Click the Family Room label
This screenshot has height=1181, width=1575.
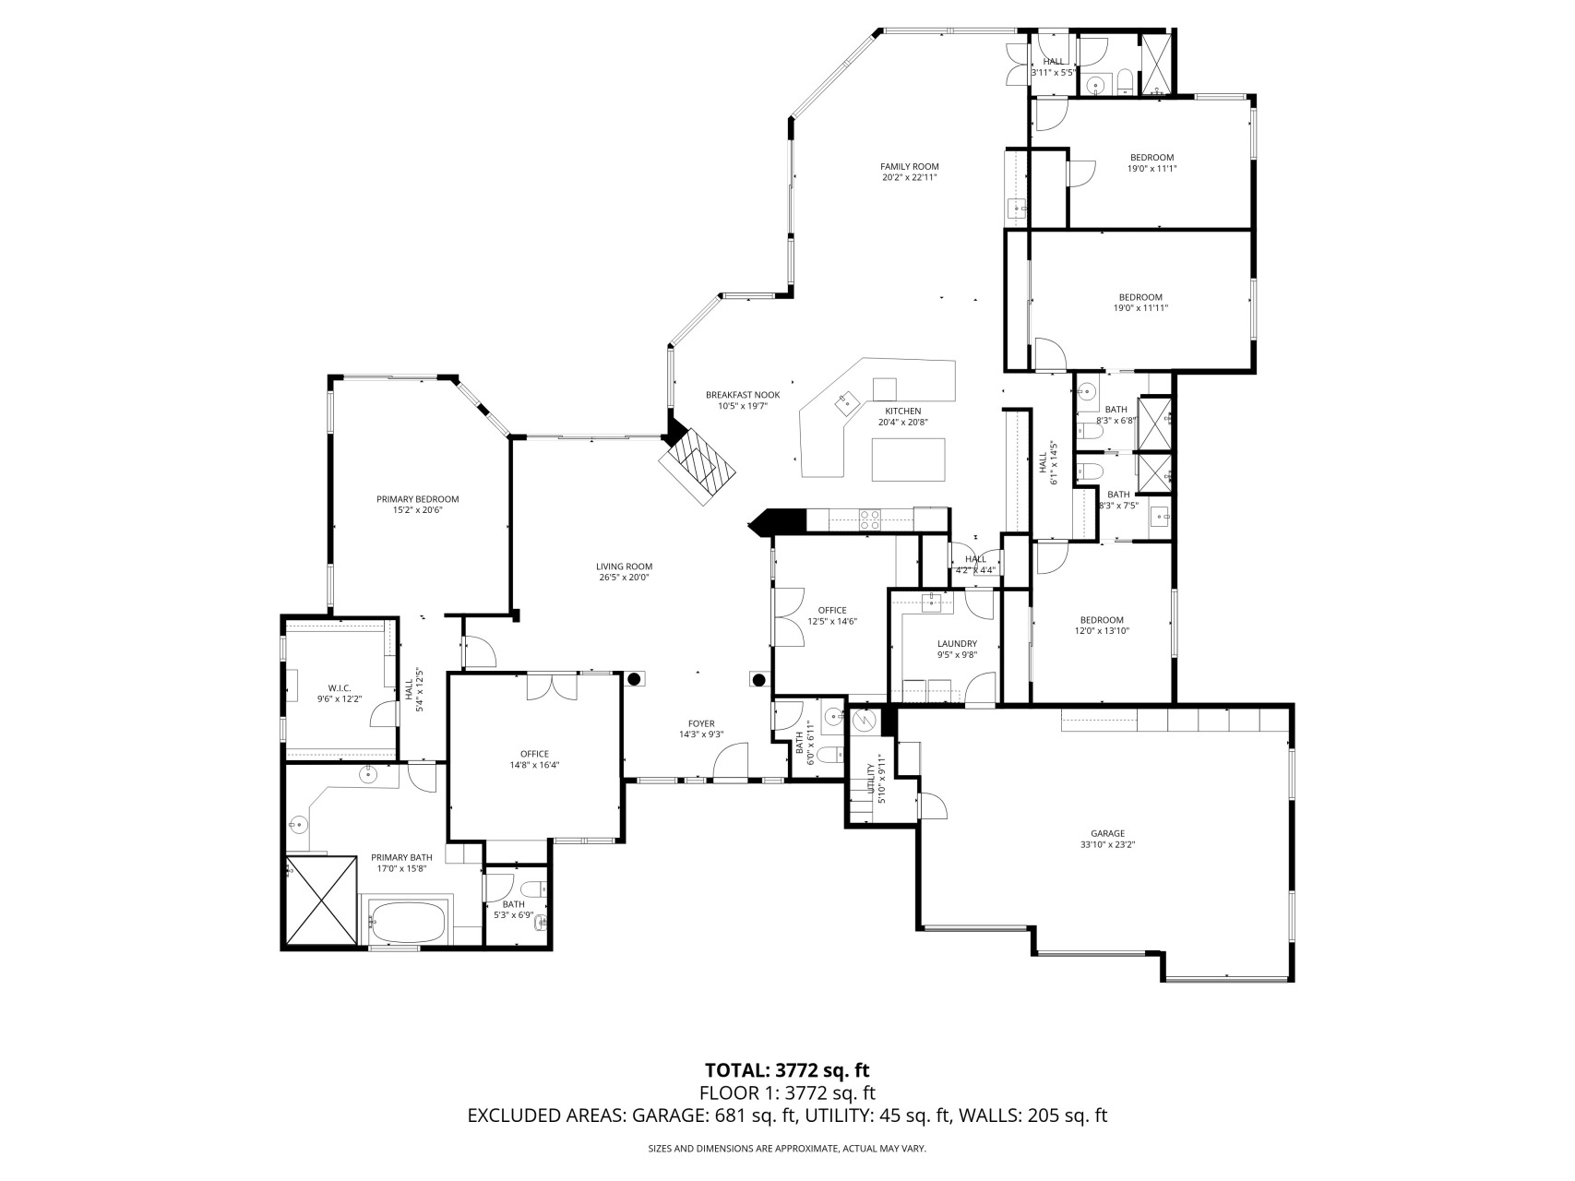(909, 172)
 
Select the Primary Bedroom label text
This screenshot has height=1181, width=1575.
(417, 505)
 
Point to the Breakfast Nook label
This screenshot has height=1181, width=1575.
(743, 400)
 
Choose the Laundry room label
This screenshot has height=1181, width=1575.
(957, 649)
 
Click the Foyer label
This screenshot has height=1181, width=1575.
(701, 729)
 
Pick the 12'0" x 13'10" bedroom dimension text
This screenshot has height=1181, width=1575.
(1102, 631)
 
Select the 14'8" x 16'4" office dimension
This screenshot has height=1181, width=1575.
(535, 765)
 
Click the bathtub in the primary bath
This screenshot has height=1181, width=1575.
(407, 920)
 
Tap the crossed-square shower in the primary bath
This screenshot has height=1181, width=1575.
(321, 899)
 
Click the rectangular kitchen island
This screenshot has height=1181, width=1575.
(909, 459)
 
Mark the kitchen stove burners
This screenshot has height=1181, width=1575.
(869, 519)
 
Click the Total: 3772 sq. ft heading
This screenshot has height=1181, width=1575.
(787, 1070)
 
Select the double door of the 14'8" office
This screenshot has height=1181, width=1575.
(553, 687)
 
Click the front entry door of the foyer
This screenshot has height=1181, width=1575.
(731, 763)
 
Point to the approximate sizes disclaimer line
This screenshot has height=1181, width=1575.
(787, 1149)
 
